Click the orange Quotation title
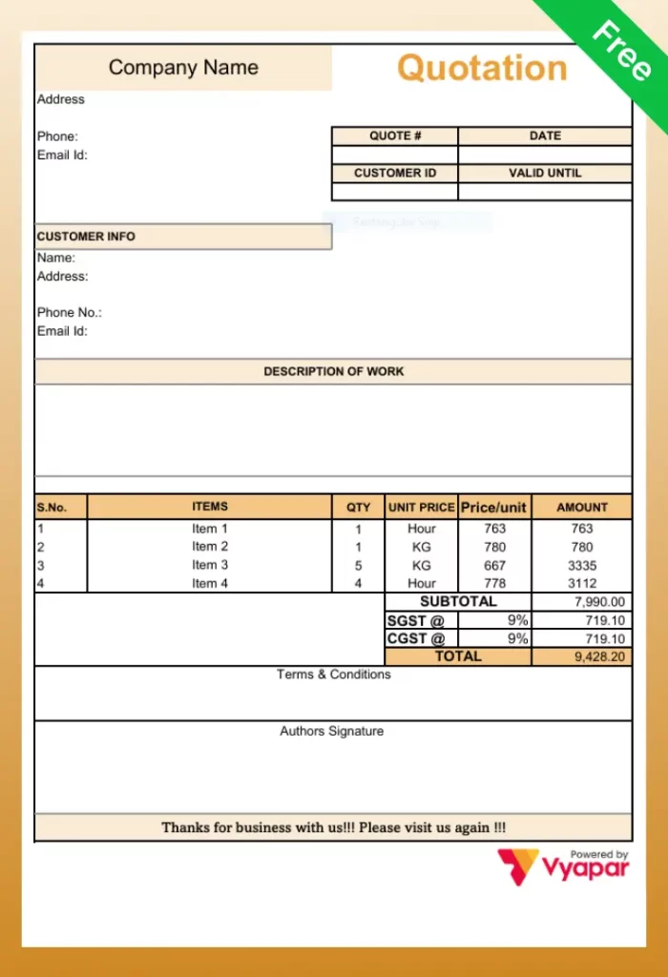[x=482, y=69]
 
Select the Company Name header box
[x=183, y=68]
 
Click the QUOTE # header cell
[x=395, y=136]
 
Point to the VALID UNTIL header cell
[x=545, y=174]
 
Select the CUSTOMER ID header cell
[x=395, y=174]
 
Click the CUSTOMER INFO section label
[x=86, y=237]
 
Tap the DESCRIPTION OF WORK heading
[x=333, y=371]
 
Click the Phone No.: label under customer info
[x=69, y=313]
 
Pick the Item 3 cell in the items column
[x=210, y=565]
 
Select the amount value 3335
[x=581, y=565]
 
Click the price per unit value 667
[x=494, y=565]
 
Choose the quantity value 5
[x=359, y=565]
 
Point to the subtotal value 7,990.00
[x=600, y=602]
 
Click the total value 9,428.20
[x=600, y=657]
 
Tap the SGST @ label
[x=416, y=620]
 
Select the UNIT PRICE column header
[x=421, y=508]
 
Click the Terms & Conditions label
[x=333, y=675]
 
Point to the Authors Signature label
[x=332, y=732]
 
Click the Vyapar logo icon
[x=518, y=866]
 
